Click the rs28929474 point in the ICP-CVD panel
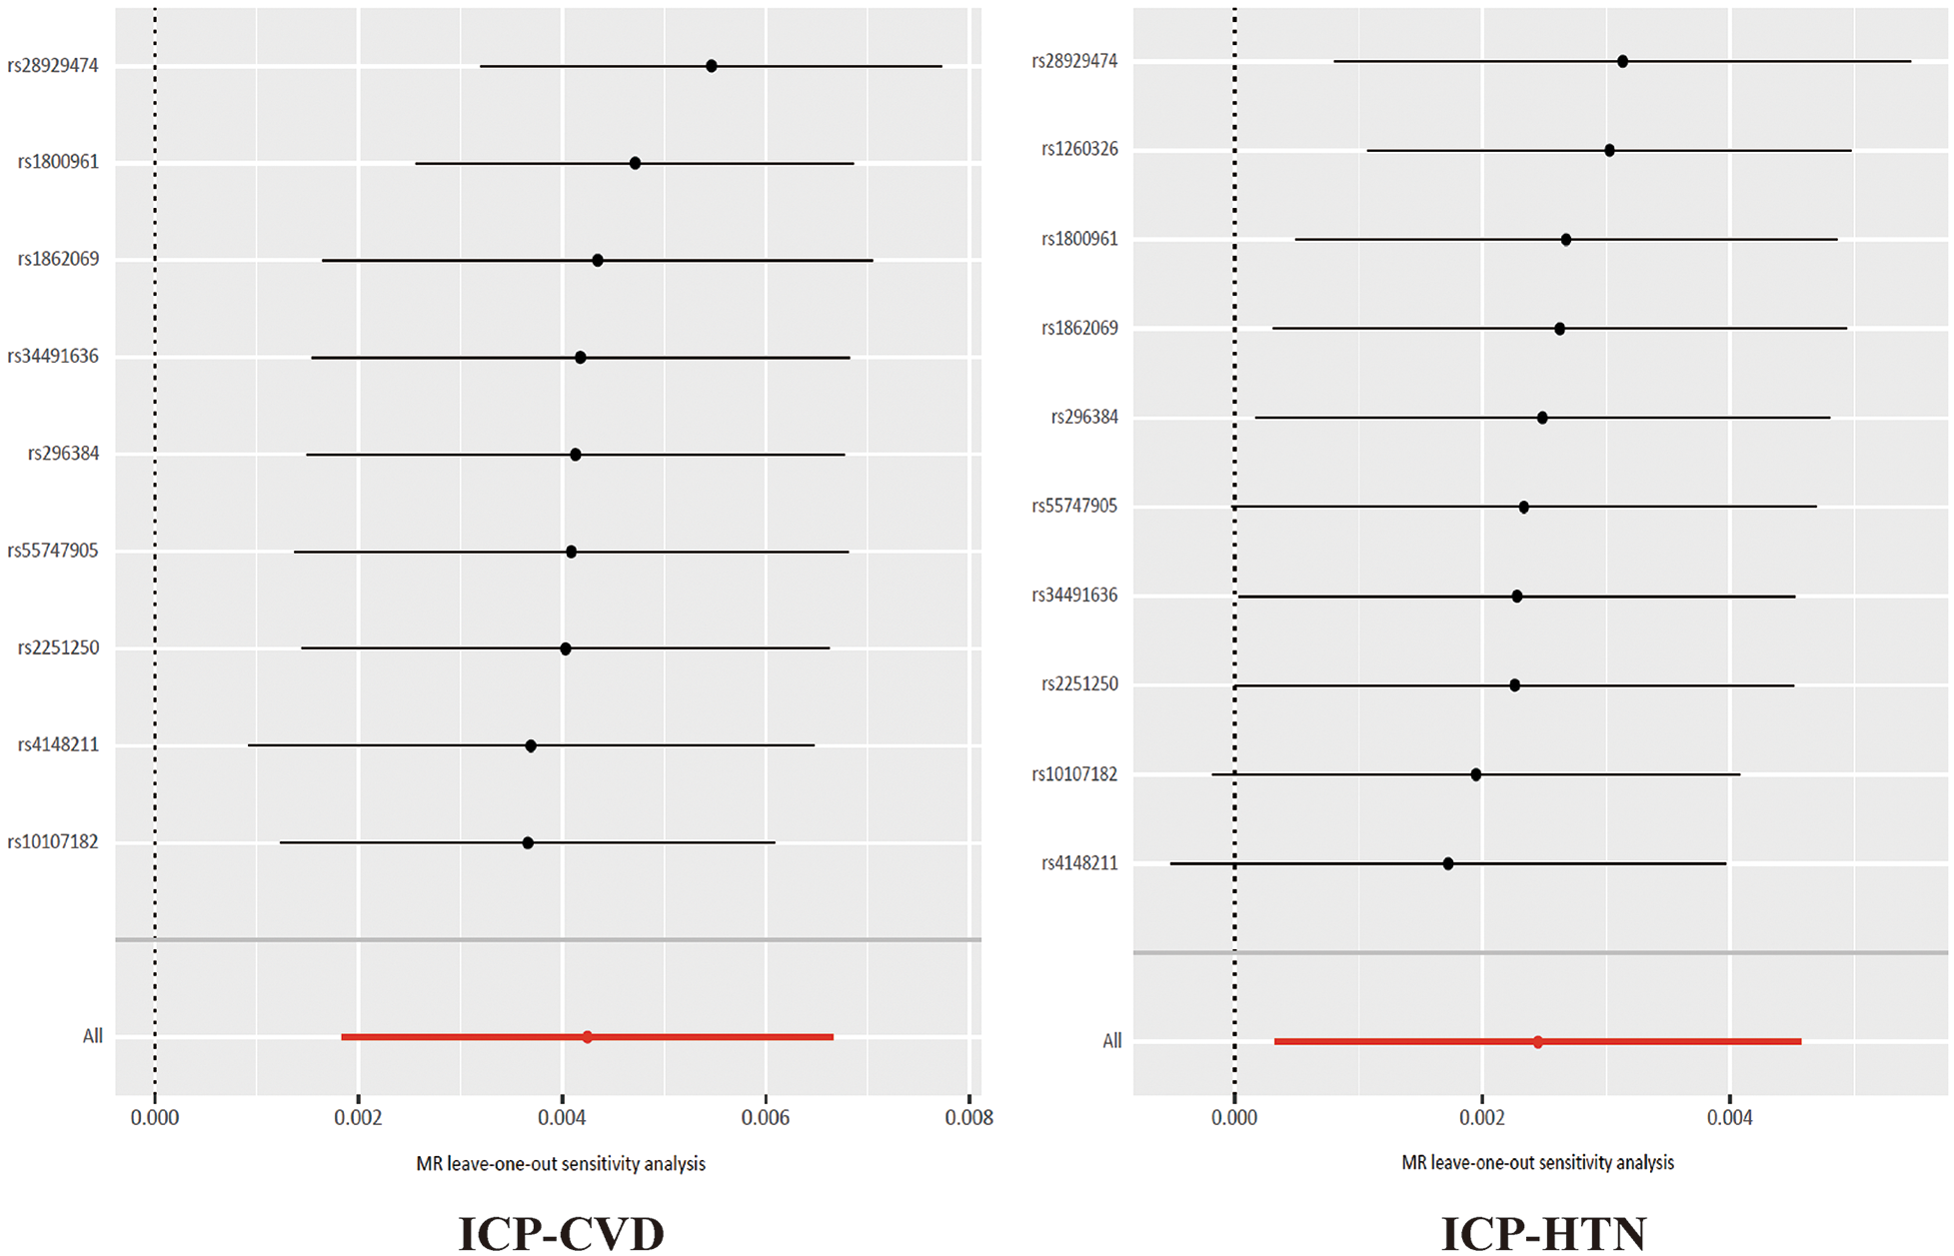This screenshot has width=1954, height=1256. click(712, 66)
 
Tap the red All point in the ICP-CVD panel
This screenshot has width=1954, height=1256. click(587, 1037)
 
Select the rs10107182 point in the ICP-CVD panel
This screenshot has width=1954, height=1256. click(528, 843)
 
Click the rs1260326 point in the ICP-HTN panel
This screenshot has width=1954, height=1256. click(1609, 151)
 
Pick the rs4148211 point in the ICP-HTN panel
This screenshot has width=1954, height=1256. click(1448, 863)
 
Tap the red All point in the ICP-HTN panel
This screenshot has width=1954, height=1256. click(1537, 1042)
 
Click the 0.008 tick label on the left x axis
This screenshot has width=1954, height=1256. click(969, 1117)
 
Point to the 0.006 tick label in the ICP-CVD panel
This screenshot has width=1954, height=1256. click(766, 1117)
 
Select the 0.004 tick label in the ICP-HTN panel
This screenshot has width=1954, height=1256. click(1730, 1117)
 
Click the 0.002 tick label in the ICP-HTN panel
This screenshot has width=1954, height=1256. click(1482, 1117)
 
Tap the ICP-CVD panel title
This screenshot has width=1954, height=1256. click(561, 1233)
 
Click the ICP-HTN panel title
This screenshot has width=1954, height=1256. click(1543, 1233)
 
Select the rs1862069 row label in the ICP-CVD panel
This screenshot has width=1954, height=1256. click(58, 260)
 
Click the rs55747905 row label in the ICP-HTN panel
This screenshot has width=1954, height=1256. click(1074, 507)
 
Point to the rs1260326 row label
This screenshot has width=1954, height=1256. click(1079, 150)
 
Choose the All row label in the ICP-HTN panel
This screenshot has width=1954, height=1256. click(1111, 1041)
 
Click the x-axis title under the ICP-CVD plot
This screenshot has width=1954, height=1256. click(561, 1164)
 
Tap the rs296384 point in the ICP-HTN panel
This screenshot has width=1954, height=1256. click(1542, 418)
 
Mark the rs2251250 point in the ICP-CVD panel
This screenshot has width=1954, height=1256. click(566, 648)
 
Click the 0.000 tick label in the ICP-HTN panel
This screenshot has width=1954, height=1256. click(1234, 1117)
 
